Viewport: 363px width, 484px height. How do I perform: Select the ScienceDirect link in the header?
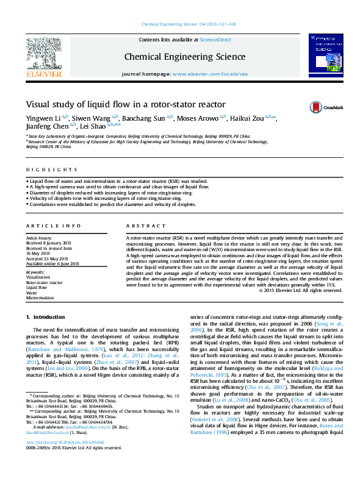[216, 39]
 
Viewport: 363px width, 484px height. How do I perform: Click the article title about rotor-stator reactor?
[126, 104]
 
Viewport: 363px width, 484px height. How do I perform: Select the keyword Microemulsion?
[40, 298]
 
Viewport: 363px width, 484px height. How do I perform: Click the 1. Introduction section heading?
[47, 317]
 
